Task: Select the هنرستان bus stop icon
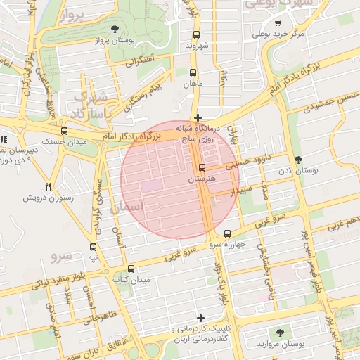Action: tap(202, 167)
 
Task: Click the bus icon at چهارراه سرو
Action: tap(227, 233)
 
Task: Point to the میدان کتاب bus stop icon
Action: tap(131, 269)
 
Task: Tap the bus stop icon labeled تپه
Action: tap(93, 247)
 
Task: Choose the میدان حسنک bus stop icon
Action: tap(65, 131)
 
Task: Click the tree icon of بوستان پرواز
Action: tap(115, 29)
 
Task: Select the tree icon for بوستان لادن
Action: tap(299, 160)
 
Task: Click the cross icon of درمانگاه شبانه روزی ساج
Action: tap(198, 117)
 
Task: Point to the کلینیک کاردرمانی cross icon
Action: tap(202, 318)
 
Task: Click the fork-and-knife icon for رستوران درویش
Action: tap(48, 186)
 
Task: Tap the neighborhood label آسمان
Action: tap(127, 206)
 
